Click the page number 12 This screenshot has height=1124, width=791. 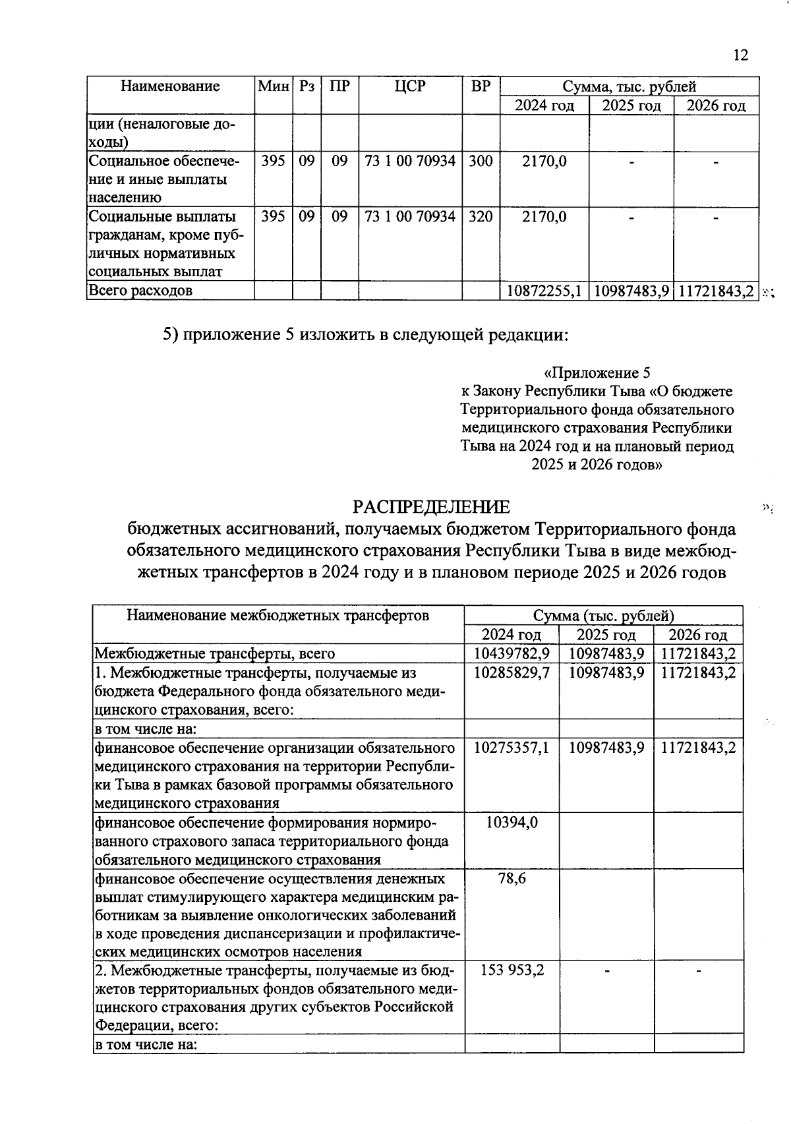[740, 55]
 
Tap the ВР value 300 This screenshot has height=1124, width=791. [481, 161]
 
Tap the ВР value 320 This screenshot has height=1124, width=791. [481, 216]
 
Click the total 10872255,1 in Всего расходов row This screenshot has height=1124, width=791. [544, 291]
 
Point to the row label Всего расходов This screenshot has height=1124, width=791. [141, 291]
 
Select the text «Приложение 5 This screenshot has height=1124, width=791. [597, 373]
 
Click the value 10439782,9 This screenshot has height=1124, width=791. [512, 654]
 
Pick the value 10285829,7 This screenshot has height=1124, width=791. [512, 672]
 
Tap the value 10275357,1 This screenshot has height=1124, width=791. [512, 748]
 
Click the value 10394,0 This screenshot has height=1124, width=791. [512, 822]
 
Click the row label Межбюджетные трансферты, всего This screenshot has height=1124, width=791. [215, 654]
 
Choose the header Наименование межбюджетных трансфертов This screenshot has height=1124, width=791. [278, 616]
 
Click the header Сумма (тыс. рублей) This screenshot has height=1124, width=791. [603, 616]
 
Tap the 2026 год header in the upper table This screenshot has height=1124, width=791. [716, 105]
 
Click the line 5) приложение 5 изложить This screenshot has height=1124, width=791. [365, 335]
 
